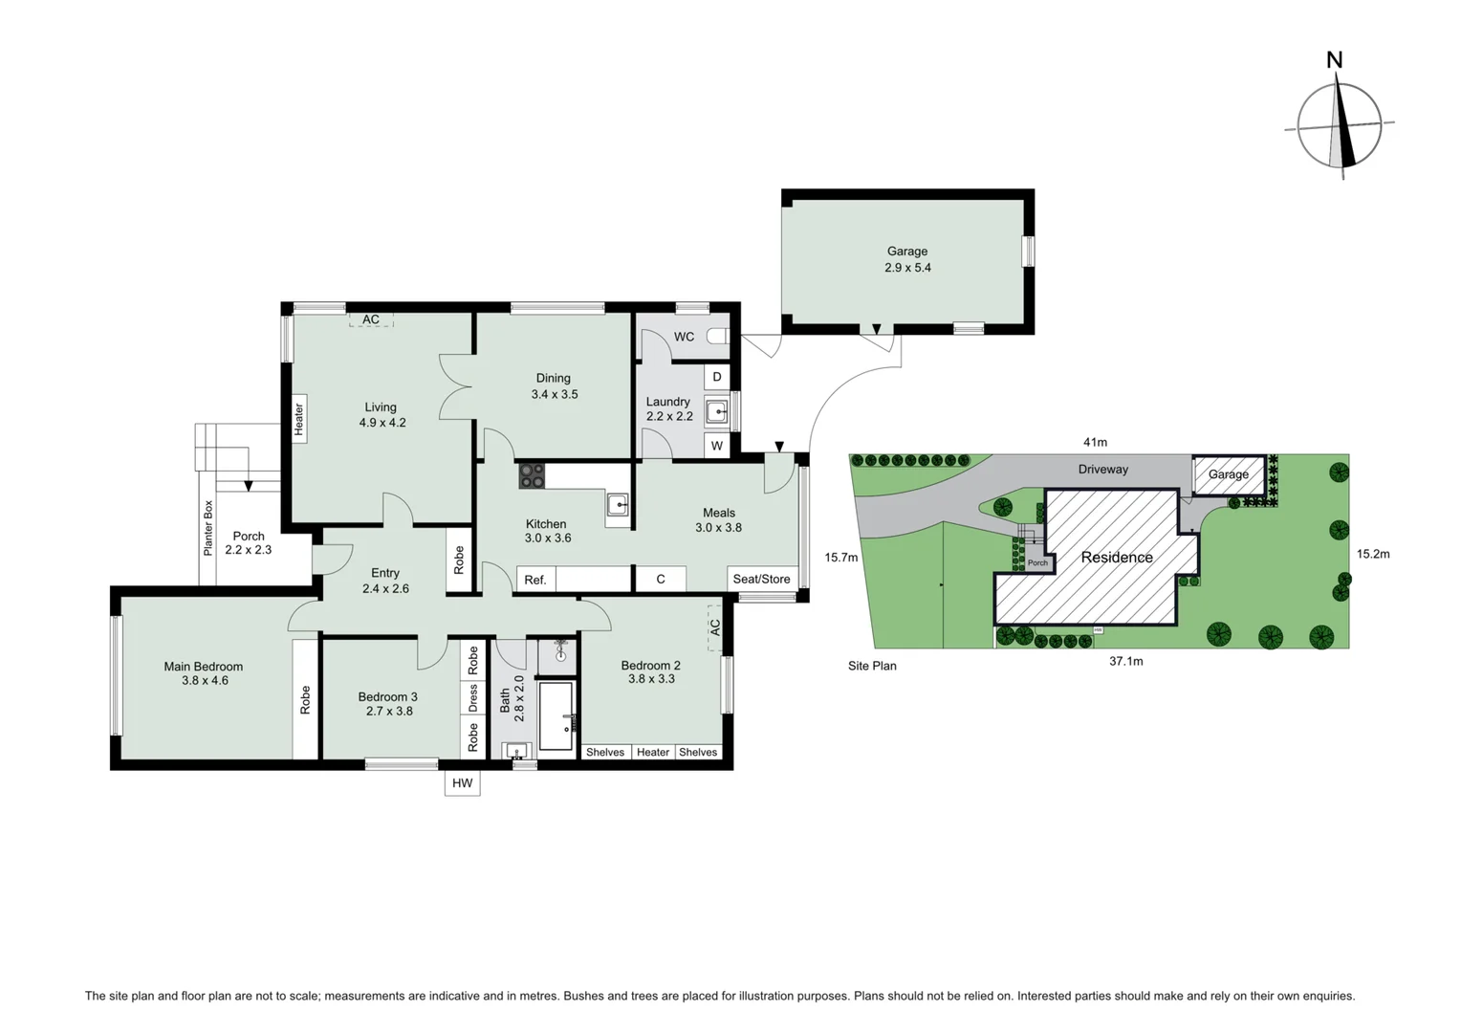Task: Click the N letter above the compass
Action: click(x=1334, y=60)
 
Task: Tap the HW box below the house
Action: click(x=462, y=783)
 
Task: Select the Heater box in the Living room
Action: click(x=299, y=419)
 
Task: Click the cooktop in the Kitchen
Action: click(x=532, y=475)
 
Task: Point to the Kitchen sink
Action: click(x=618, y=505)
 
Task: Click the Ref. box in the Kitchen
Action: click(x=535, y=580)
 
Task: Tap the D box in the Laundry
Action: click(x=717, y=377)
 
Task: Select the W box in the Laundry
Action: click(x=717, y=446)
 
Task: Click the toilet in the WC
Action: click(x=718, y=337)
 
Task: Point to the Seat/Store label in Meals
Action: click(x=761, y=579)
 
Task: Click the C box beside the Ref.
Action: click(x=661, y=580)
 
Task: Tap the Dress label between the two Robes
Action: click(x=472, y=697)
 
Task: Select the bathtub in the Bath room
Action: click(x=556, y=715)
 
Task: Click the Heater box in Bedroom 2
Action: click(x=653, y=753)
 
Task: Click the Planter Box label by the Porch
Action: click(x=207, y=528)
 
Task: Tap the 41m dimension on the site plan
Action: click(x=1095, y=442)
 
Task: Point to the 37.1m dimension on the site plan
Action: click(x=1125, y=661)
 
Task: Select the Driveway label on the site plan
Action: click(x=1102, y=470)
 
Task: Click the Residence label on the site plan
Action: click(x=1116, y=558)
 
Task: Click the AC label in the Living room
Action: click(x=371, y=319)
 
